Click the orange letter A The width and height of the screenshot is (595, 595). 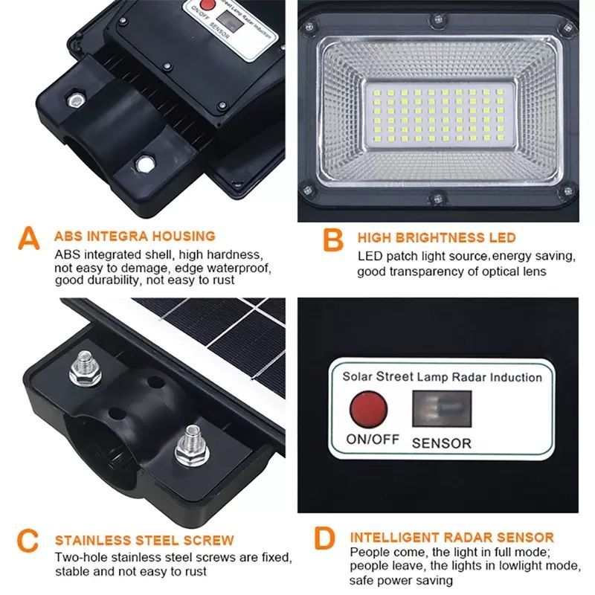pos(28,240)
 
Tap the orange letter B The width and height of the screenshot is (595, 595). pos(333,240)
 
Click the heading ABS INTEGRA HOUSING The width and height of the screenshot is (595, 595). pos(135,237)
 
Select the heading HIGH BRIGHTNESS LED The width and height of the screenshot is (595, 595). pos(437,238)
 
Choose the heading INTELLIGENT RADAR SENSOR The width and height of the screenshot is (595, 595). pos(452,537)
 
